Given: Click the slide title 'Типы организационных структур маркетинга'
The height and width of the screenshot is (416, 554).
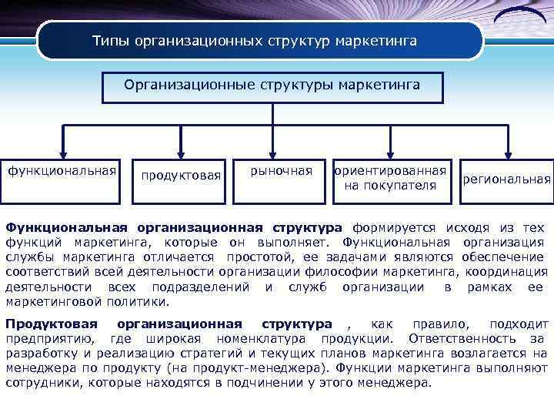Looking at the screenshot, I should coord(255,40).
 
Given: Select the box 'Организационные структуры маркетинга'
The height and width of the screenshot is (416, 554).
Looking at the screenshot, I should coord(272,86).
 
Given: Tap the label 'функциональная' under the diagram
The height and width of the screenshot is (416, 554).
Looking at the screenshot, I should coord(62,169).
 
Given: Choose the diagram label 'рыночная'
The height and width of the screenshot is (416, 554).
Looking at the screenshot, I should coord(282,170).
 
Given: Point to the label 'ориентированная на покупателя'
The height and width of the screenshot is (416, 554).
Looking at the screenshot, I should coord(390,178).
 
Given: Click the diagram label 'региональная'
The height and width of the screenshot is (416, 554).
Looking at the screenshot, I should coord(506,179).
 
